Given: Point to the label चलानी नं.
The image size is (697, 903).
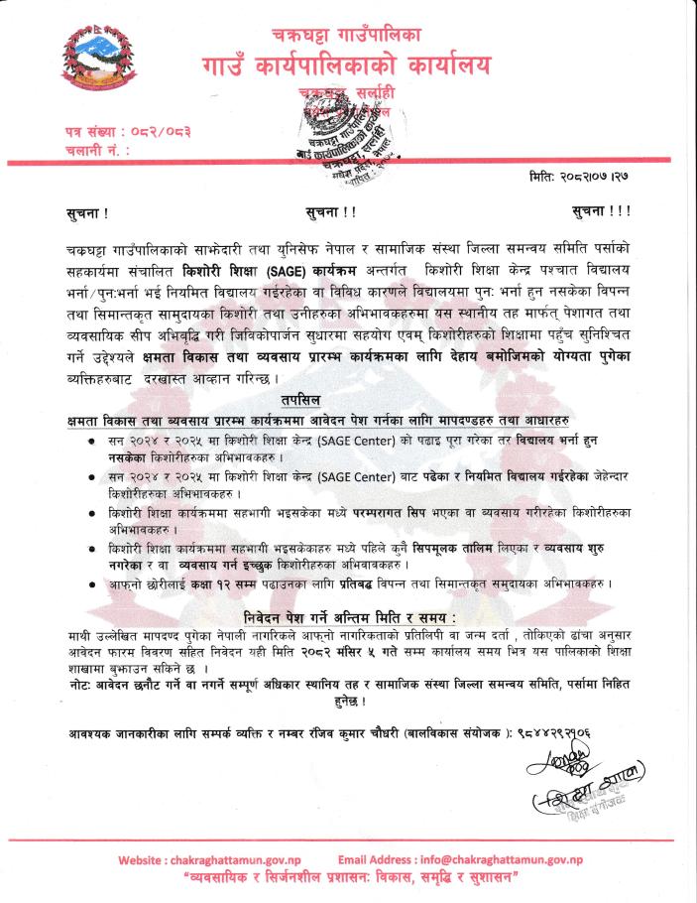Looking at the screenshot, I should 84,150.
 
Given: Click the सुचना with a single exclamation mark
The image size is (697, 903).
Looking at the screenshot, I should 80,211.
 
